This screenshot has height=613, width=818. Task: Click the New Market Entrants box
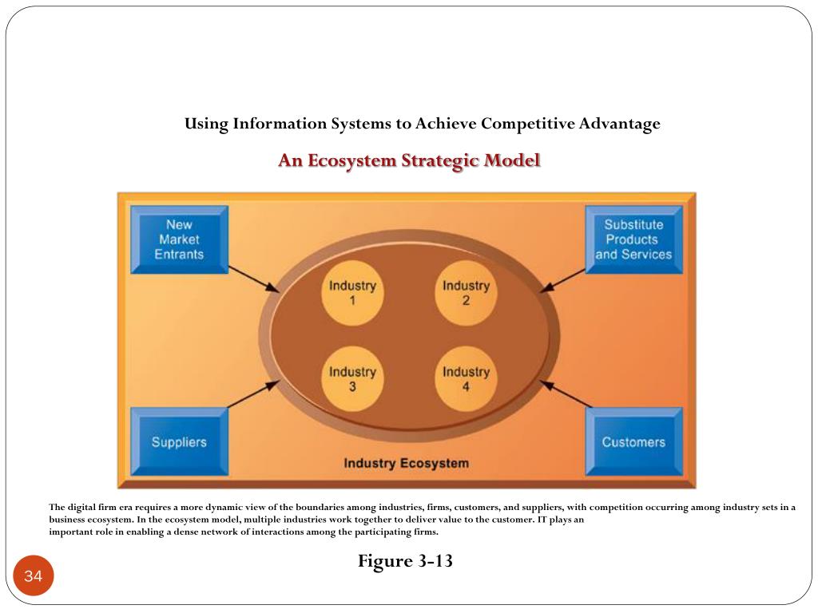(x=179, y=239)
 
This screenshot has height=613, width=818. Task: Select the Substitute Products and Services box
(x=633, y=239)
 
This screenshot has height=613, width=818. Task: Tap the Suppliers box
(x=179, y=441)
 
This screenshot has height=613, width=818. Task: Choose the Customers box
(x=633, y=441)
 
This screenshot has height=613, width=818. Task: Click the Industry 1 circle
(x=352, y=293)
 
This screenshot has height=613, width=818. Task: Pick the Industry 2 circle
(x=466, y=293)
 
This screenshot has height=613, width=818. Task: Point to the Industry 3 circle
(x=352, y=379)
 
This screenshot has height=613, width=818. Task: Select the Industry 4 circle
(x=466, y=379)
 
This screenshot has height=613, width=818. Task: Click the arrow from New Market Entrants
(x=254, y=279)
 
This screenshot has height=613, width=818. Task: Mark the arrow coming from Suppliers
(x=253, y=394)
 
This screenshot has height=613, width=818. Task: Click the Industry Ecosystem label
(x=406, y=463)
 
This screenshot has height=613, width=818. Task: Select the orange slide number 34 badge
(x=33, y=576)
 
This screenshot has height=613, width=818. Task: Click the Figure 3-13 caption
(x=405, y=561)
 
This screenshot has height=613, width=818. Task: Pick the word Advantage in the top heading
(x=620, y=124)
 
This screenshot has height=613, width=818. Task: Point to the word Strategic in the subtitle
(x=442, y=160)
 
